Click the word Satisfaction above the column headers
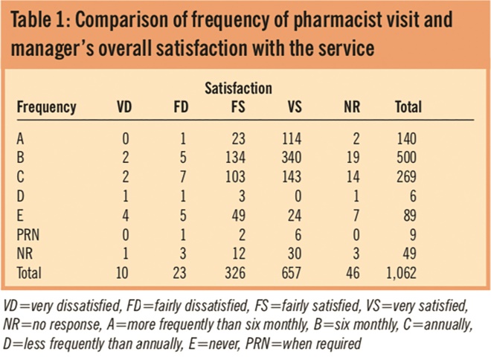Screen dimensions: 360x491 coord(238,89)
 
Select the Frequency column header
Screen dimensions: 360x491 coord(46,107)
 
